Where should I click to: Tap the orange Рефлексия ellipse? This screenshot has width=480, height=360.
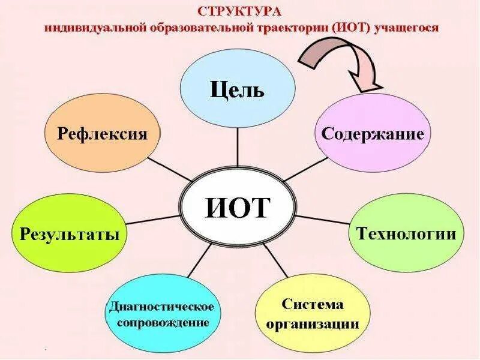click(x=103, y=133)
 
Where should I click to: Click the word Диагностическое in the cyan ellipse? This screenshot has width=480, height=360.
click(x=161, y=307)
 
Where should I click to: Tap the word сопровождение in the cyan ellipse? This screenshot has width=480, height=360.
click(x=162, y=322)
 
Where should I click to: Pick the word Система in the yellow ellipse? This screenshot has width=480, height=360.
click(x=313, y=304)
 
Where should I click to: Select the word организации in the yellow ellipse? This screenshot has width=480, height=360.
click(x=313, y=325)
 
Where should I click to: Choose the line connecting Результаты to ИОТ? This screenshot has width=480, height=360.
click(x=153, y=220)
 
